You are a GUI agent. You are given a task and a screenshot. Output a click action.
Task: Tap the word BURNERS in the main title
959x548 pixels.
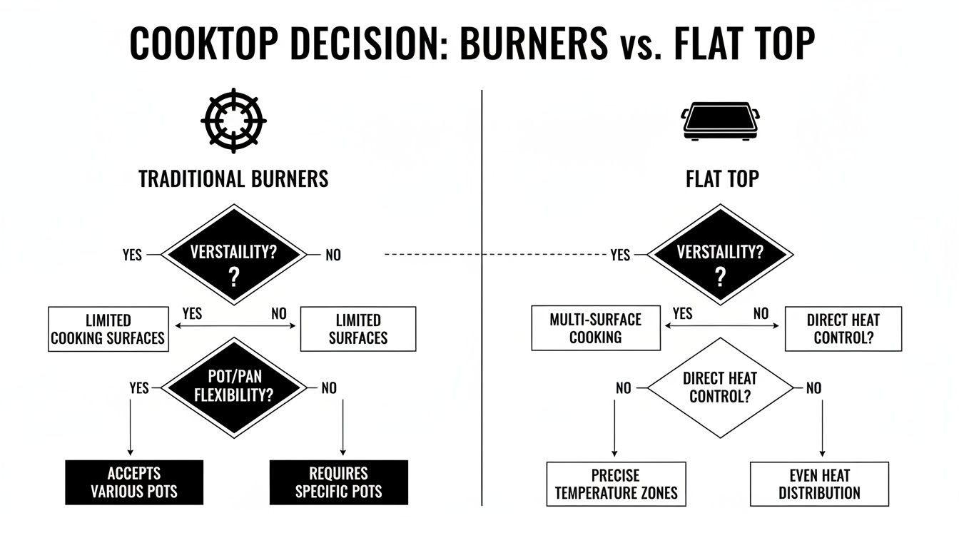[x=534, y=44]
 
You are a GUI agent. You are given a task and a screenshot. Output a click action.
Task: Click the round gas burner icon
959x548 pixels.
[x=234, y=121]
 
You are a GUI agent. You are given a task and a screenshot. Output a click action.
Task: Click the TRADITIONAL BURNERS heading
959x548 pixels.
[x=233, y=178]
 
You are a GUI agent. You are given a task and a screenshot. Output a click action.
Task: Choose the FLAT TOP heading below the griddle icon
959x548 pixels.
[x=722, y=178]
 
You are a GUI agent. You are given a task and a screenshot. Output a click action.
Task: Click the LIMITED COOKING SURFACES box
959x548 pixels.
[x=108, y=329]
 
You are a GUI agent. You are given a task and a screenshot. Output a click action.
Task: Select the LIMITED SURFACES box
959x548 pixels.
[x=357, y=329]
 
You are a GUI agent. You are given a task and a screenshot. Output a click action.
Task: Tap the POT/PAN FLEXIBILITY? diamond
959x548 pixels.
[x=234, y=387]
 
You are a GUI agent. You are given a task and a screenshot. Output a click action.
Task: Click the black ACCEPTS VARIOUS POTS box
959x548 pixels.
[x=134, y=482]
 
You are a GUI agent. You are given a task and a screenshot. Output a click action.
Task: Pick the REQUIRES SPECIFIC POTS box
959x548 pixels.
[x=338, y=482]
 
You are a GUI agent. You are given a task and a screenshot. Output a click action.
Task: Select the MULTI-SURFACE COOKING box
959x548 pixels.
[x=596, y=329]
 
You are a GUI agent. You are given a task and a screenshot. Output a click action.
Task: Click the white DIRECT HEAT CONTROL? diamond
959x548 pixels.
[x=720, y=387]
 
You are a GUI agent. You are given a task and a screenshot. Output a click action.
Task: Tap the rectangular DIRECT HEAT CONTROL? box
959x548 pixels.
[x=843, y=329]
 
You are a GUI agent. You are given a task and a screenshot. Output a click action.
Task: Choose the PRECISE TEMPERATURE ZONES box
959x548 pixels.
[x=616, y=484]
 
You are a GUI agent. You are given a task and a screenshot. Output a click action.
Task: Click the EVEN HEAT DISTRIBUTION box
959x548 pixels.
[x=819, y=484]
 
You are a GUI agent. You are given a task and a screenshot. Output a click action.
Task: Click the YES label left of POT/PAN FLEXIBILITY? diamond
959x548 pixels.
[x=139, y=387]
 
